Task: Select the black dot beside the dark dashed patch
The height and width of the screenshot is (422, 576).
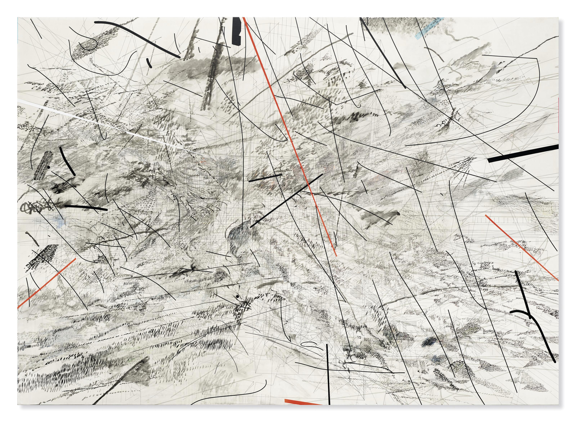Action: point(48,167)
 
